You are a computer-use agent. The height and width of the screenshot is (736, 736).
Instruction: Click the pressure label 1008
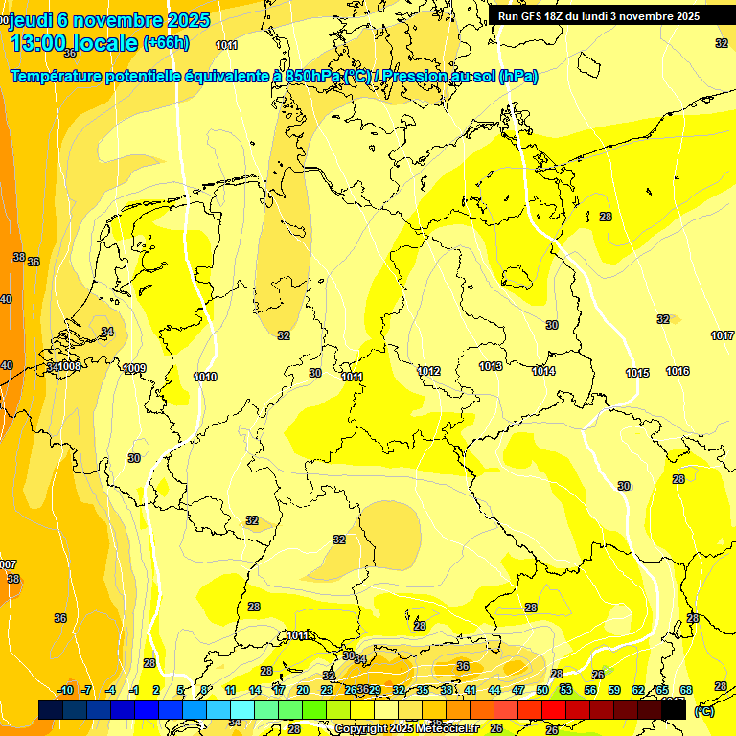(69, 367)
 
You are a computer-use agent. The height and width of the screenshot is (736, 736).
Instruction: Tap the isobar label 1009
(135, 369)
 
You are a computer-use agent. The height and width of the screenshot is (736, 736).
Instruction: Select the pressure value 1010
(205, 377)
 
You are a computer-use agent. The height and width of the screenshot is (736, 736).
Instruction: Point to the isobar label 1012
(428, 371)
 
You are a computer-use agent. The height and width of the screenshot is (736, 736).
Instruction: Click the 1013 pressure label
(492, 366)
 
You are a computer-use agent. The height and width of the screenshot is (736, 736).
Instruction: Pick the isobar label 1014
(543, 371)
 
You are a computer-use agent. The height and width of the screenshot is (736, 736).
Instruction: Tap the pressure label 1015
(637, 373)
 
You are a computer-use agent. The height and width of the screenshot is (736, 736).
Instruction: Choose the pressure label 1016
(678, 371)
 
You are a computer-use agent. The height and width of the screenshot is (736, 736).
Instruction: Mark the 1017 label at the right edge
(723, 335)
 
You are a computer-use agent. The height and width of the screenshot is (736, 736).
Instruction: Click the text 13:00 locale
(74, 43)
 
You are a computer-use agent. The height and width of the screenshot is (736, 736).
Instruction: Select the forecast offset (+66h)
(166, 43)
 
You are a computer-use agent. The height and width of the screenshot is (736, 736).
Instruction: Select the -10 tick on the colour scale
(65, 690)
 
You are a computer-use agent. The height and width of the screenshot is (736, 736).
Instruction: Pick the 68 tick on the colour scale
(686, 690)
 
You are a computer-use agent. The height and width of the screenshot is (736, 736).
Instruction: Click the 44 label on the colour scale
(494, 690)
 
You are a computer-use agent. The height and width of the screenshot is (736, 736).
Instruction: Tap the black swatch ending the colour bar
(674, 710)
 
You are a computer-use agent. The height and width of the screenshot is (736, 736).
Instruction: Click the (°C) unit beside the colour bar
(703, 711)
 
